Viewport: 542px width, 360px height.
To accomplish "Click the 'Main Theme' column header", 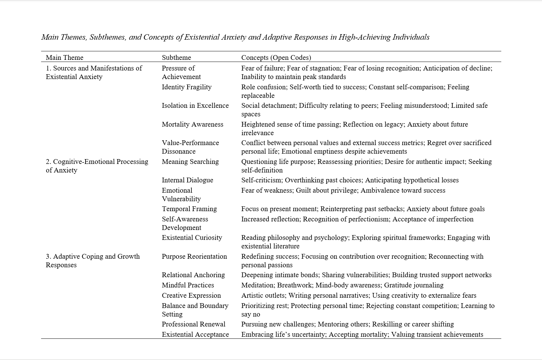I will (64, 57).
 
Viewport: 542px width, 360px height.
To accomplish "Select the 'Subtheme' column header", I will (176, 57).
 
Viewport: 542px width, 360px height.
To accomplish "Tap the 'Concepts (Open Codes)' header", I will (276, 57).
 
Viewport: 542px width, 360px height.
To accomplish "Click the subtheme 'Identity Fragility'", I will (187, 87).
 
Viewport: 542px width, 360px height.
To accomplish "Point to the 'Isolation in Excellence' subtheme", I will (195, 105).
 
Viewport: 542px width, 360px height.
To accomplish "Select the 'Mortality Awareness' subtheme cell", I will (192, 124).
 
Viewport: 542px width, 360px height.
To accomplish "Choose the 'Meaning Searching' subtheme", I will (190, 162).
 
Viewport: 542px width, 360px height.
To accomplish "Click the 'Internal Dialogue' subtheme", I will (187, 180).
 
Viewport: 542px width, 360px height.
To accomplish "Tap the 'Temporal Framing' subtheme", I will (189, 209).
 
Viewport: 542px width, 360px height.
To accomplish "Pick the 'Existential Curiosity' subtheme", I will (192, 237).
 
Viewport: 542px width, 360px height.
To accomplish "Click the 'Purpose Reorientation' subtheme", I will (194, 256).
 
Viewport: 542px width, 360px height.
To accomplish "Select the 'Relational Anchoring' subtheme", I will (193, 275).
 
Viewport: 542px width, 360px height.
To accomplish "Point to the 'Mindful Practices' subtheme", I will (188, 285).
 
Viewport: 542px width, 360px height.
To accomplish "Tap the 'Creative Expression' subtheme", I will (191, 295).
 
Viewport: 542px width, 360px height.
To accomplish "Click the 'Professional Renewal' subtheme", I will (193, 324).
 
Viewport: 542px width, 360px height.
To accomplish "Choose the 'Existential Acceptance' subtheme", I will (195, 334).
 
